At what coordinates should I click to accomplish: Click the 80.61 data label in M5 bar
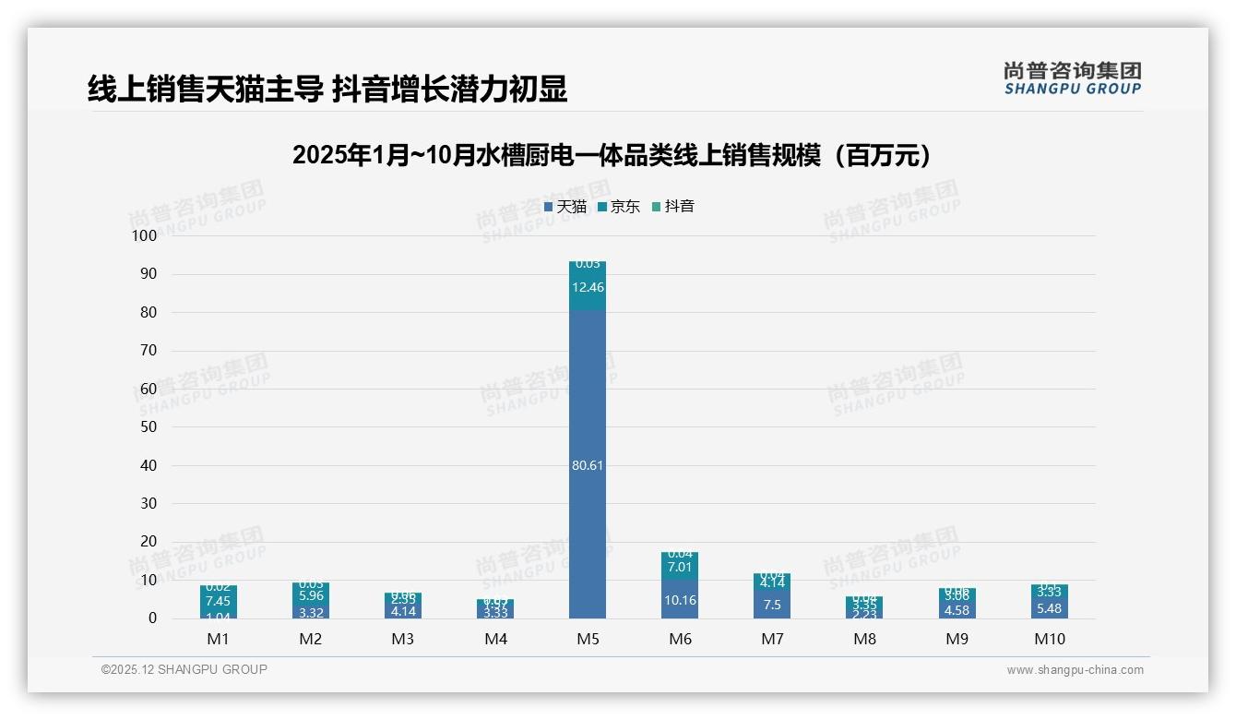click(588, 465)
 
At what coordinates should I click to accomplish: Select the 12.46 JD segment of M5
click(588, 287)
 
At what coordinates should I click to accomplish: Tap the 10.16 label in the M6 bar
click(680, 600)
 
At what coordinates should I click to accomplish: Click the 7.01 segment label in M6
click(680, 568)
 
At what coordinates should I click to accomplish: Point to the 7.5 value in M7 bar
click(772, 605)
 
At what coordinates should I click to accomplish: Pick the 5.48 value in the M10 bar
click(1049, 608)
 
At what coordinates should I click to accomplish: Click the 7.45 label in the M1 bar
click(219, 601)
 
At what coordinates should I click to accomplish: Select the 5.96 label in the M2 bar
click(311, 596)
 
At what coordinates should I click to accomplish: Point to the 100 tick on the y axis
click(145, 236)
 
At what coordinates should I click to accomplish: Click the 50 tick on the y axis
click(149, 427)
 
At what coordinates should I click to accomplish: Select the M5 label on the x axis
click(588, 639)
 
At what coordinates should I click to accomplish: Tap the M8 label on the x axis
click(864, 639)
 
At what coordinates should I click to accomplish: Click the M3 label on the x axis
click(403, 639)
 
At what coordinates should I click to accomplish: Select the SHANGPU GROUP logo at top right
click(1072, 78)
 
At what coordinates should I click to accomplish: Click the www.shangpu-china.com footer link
click(1075, 670)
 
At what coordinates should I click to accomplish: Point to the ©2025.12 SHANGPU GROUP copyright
click(184, 669)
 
